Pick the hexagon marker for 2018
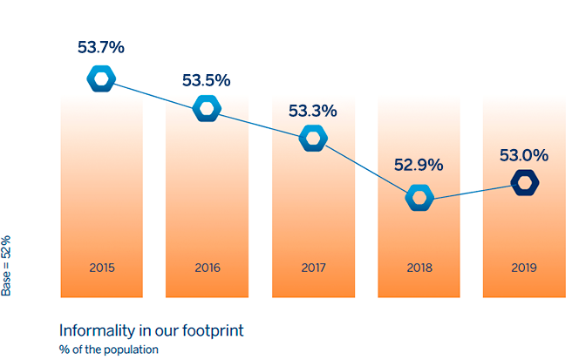click(409, 198)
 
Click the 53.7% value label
click(101, 47)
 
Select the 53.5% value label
click(207, 80)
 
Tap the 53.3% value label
click(313, 111)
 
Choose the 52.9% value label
click(419, 165)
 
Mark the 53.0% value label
click(524, 155)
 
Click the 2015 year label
click(102, 268)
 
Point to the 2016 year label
click(208, 268)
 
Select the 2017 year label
click(314, 268)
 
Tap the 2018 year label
click(419, 268)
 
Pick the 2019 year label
click(524, 268)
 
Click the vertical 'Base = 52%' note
click(6, 266)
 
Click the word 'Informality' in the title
click(97, 331)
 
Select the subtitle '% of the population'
click(108, 350)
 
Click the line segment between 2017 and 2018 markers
click(366, 168)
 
